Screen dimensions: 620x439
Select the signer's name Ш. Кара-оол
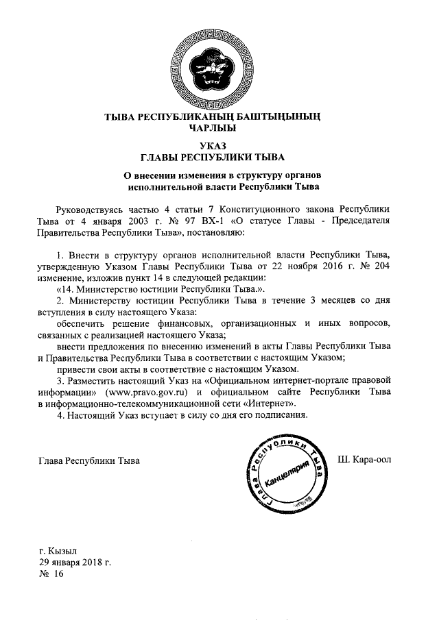click(365, 459)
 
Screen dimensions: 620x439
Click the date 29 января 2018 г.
click(75, 562)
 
